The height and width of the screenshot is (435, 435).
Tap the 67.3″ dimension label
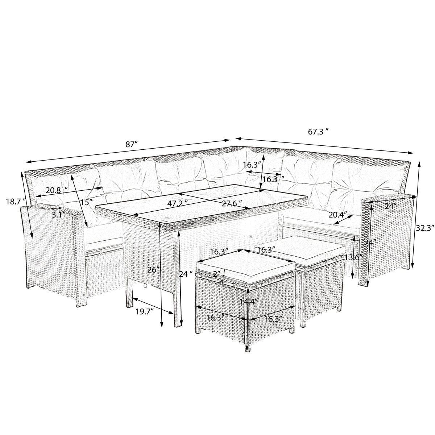[x=318, y=132]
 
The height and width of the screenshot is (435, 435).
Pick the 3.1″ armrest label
[x=58, y=215]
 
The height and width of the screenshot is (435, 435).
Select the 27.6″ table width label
[x=232, y=204]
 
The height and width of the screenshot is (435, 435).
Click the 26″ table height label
[x=153, y=270]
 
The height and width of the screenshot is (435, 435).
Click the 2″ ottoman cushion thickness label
[x=217, y=274]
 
